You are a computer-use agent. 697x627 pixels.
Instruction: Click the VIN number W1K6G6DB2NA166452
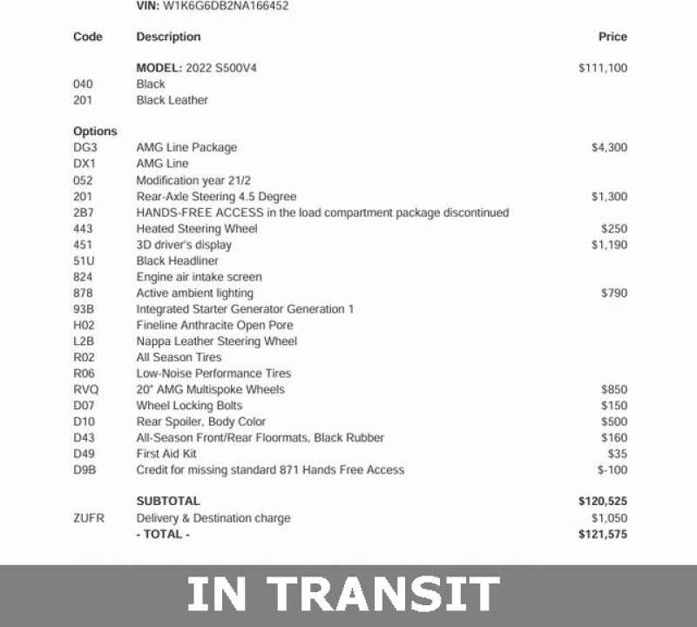click(226, 6)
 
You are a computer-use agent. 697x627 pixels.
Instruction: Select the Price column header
click(612, 37)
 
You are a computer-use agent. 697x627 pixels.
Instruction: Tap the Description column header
click(168, 37)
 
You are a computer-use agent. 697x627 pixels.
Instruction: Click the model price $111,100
click(603, 68)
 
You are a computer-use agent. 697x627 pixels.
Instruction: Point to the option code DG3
click(85, 148)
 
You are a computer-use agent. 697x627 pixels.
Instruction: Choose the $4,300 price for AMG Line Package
click(609, 148)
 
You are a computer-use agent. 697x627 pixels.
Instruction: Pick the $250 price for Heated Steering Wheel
click(613, 229)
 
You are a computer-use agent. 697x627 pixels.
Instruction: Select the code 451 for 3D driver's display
click(84, 245)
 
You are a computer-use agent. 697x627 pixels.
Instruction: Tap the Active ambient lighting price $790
click(613, 293)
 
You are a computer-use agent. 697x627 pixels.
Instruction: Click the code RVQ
click(86, 389)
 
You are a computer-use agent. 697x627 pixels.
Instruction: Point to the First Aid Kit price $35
click(617, 454)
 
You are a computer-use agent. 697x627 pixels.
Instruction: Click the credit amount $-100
click(612, 470)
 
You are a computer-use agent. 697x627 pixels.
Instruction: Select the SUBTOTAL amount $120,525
click(603, 502)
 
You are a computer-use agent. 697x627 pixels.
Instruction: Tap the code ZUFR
click(89, 518)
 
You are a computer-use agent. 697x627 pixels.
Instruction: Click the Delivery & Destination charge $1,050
click(609, 518)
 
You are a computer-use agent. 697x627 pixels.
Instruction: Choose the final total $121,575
click(603, 534)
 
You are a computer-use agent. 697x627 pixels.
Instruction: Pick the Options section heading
click(95, 131)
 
